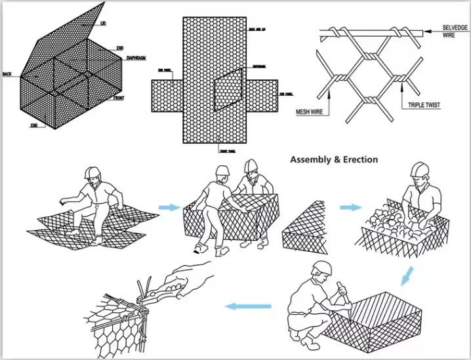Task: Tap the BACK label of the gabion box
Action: pyautogui.click(x=7, y=73)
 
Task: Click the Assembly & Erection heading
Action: pyautogui.click(x=334, y=159)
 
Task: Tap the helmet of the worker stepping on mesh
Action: pyautogui.click(x=92, y=172)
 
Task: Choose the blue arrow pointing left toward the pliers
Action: pyautogui.click(x=249, y=306)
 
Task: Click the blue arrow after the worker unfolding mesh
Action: pyautogui.click(x=169, y=207)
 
